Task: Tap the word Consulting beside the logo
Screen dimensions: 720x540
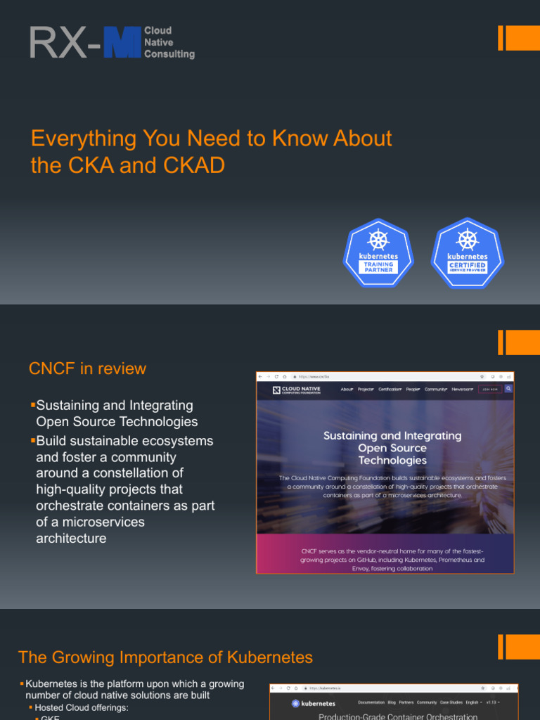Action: [169, 54]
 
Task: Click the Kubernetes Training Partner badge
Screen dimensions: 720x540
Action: [378, 253]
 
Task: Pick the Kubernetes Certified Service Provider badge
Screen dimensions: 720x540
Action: [468, 253]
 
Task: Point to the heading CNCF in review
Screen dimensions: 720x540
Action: [87, 368]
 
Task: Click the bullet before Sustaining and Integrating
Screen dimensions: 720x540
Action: [32, 406]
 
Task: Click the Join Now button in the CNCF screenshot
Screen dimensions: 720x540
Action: [490, 389]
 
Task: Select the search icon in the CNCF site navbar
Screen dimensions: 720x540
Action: [508, 389]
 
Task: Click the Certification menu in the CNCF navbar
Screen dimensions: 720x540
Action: [390, 389]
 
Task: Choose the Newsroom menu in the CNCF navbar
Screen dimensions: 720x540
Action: [463, 389]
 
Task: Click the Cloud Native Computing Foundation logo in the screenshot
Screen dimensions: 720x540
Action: [297, 390]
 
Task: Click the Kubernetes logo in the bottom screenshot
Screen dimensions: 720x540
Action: [314, 702]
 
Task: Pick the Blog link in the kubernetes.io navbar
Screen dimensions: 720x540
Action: [391, 702]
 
